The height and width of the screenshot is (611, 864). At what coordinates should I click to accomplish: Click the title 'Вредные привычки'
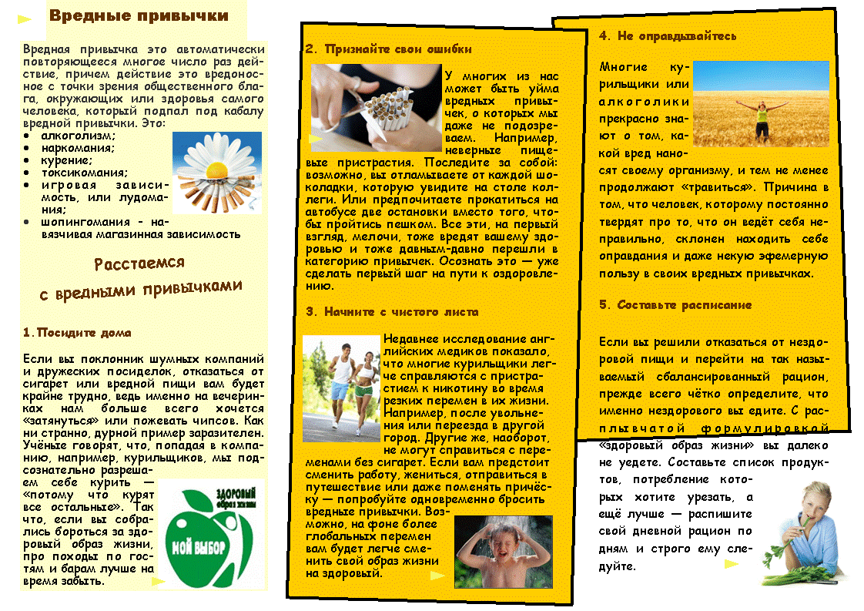tap(138, 16)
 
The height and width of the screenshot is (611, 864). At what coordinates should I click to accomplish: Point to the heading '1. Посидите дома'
tap(77, 333)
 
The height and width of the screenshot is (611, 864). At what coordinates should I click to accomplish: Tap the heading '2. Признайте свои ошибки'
tap(388, 49)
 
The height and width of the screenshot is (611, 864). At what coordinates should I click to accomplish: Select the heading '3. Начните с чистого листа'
tap(391, 312)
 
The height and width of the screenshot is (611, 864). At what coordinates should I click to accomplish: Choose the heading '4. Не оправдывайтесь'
tap(667, 35)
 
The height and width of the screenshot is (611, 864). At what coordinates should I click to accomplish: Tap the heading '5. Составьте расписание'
tap(675, 305)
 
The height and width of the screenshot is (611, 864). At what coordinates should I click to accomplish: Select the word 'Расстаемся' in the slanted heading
tap(139, 264)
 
